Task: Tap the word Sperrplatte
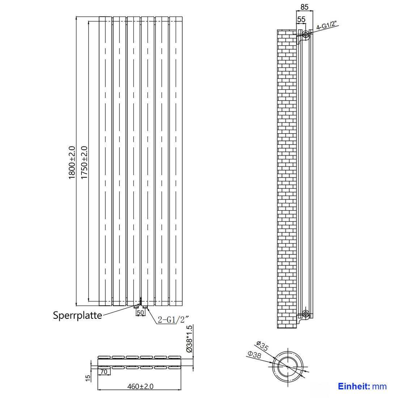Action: click(x=77, y=315)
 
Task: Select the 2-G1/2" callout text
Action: click(x=173, y=319)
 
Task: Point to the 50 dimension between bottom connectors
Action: click(x=140, y=312)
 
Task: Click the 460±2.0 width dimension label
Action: click(x=140, y=386)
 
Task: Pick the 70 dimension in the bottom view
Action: click(x=104, y=372)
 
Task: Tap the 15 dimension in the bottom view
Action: click(x=87, y=378)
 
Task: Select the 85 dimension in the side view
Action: click(x=304, y=7)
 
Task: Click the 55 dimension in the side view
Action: click(x=301, y=19)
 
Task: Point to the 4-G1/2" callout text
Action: click(x=326, y=26)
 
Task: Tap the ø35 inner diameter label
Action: click(x=262, y=346)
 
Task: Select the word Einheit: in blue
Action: click(x=354, y=386)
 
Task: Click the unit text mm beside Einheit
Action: click(x=379, y=386)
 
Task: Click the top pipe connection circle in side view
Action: click(x=306, y=35)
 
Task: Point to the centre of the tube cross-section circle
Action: click(x=288, y=367)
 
